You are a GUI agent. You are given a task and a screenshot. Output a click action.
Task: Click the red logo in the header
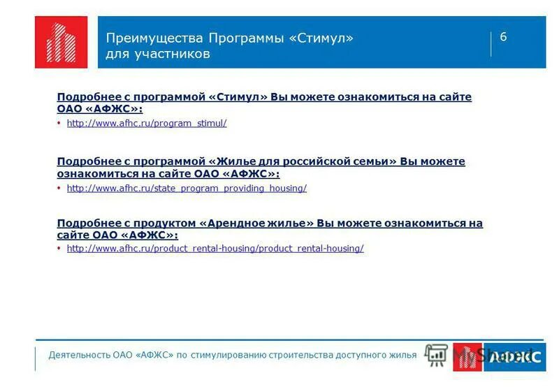pos(61,42)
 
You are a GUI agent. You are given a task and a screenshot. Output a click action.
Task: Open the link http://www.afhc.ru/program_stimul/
pos(147,124)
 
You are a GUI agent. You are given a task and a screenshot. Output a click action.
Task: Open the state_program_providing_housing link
pos(187,189)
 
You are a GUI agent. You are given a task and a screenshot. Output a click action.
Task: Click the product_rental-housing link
pos(215,249)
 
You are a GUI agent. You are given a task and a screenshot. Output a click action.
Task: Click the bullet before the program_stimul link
pos(59,124)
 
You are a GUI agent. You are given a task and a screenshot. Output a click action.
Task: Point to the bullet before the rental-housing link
pos(59,249)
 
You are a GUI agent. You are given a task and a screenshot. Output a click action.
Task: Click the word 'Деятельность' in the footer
pos(78,355)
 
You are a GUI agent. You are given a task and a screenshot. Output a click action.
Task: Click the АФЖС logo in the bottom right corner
pos(498,356)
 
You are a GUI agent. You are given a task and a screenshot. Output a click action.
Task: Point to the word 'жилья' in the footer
pos(402,355)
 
